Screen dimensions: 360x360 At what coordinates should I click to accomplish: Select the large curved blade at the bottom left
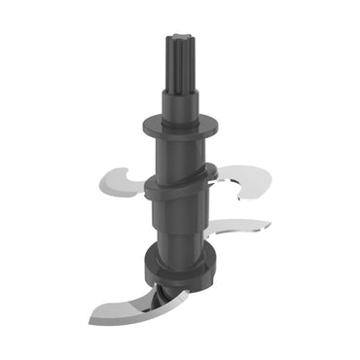tap(126, 302)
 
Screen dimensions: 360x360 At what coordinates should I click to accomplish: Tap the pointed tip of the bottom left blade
tap(90, 320)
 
